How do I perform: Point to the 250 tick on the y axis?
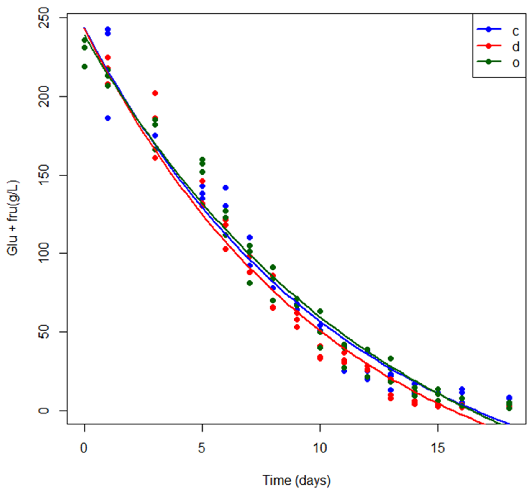pyautogui.click(x=44, y=18)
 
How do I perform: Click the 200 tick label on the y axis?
pyautogui.click(x=44, y=97)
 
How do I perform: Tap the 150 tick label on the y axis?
pyautogui.click(x=44, y=175)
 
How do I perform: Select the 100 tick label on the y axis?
pyautogui.click(x=44, y=253)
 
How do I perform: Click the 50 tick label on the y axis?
pyautogui.click(x=44, y=332)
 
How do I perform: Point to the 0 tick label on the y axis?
pyautogui.click(x=44, y=411)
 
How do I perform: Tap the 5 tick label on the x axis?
pyautogui.click(x=202, y=448)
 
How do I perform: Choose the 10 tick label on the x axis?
pyautogui.click(x=320, y=448)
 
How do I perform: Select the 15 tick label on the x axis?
pyautogui.click(x=438, y=448)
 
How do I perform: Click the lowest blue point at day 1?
pyautogui.click(x=108, y=118)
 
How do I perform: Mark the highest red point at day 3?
pyautogui.click(x=155, y=93)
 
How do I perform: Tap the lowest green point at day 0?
pyautogui.click(x=85, y=67)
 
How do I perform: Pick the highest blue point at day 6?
pyautogui.click(x=226, y=188)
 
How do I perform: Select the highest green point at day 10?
pyautogui.click(x=320, y=311)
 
